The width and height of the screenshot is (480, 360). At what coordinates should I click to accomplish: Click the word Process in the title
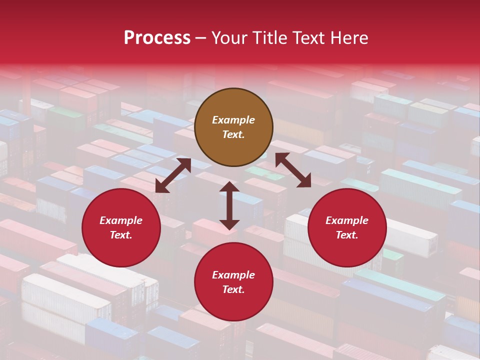click(157, 38)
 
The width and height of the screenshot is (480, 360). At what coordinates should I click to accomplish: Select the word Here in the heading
click(348, 38)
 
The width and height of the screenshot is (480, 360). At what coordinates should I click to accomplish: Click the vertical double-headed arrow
click(229, 205)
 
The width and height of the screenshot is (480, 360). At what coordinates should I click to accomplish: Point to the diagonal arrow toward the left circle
click(173, 175)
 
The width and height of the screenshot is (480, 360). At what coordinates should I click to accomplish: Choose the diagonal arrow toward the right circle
click(293, 170)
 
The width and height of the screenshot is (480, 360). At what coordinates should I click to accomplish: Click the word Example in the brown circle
click(233, 120)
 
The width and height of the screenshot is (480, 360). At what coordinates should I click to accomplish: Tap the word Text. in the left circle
click(121, 235)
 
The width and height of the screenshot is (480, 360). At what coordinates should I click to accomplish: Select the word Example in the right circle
click(347, 220)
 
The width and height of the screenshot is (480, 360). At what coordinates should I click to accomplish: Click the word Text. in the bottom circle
click(233, 289)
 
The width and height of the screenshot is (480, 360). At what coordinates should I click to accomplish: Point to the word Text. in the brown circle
click(233, 134)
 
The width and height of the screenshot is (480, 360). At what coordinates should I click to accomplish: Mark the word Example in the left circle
click(121, 220)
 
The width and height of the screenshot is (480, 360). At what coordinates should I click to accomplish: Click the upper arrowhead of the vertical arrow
click(229, 187)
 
